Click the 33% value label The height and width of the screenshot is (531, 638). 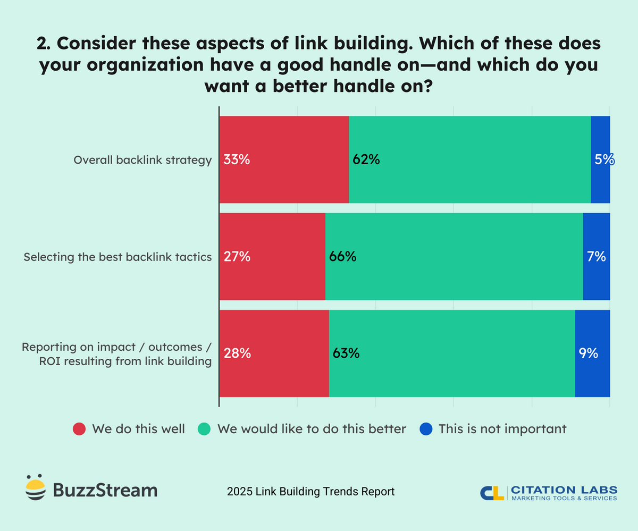237,159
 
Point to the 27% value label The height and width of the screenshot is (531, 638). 237,257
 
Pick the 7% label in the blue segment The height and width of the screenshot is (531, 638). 597,257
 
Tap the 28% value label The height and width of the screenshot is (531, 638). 237,353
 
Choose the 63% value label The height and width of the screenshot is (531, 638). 346,353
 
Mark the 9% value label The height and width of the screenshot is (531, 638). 589,353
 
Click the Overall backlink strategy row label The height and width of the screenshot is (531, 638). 142,160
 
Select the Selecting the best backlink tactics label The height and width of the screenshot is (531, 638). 117,257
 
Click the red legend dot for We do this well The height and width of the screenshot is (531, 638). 79,429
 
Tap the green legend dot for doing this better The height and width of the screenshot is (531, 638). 204,429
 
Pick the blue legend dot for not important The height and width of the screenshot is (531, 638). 426,429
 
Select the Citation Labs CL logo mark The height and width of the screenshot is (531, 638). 492,493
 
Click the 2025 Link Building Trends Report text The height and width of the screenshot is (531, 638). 310,492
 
